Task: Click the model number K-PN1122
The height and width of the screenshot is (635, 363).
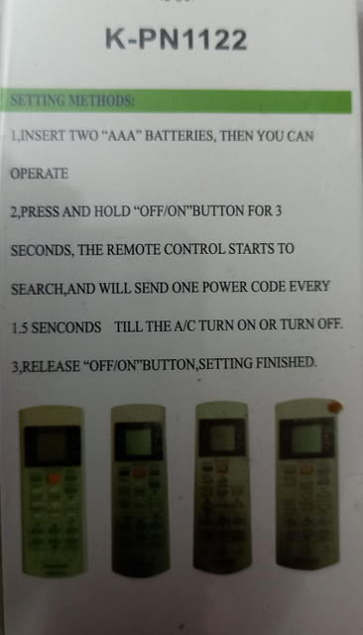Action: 176,40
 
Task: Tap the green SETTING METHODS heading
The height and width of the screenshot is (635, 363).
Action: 72,100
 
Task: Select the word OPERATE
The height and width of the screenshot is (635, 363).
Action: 40,174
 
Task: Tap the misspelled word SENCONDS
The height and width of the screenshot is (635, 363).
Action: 66,327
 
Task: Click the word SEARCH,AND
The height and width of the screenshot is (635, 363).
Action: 53,289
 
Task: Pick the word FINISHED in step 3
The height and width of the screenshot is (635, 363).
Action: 285,362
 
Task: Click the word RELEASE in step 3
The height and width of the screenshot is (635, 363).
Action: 51,366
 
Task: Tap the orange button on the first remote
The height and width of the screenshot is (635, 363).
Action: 53,478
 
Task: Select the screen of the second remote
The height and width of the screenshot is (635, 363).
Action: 139,441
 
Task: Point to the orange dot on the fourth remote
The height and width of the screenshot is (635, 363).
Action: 334,407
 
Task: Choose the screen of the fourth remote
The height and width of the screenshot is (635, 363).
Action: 307,439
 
